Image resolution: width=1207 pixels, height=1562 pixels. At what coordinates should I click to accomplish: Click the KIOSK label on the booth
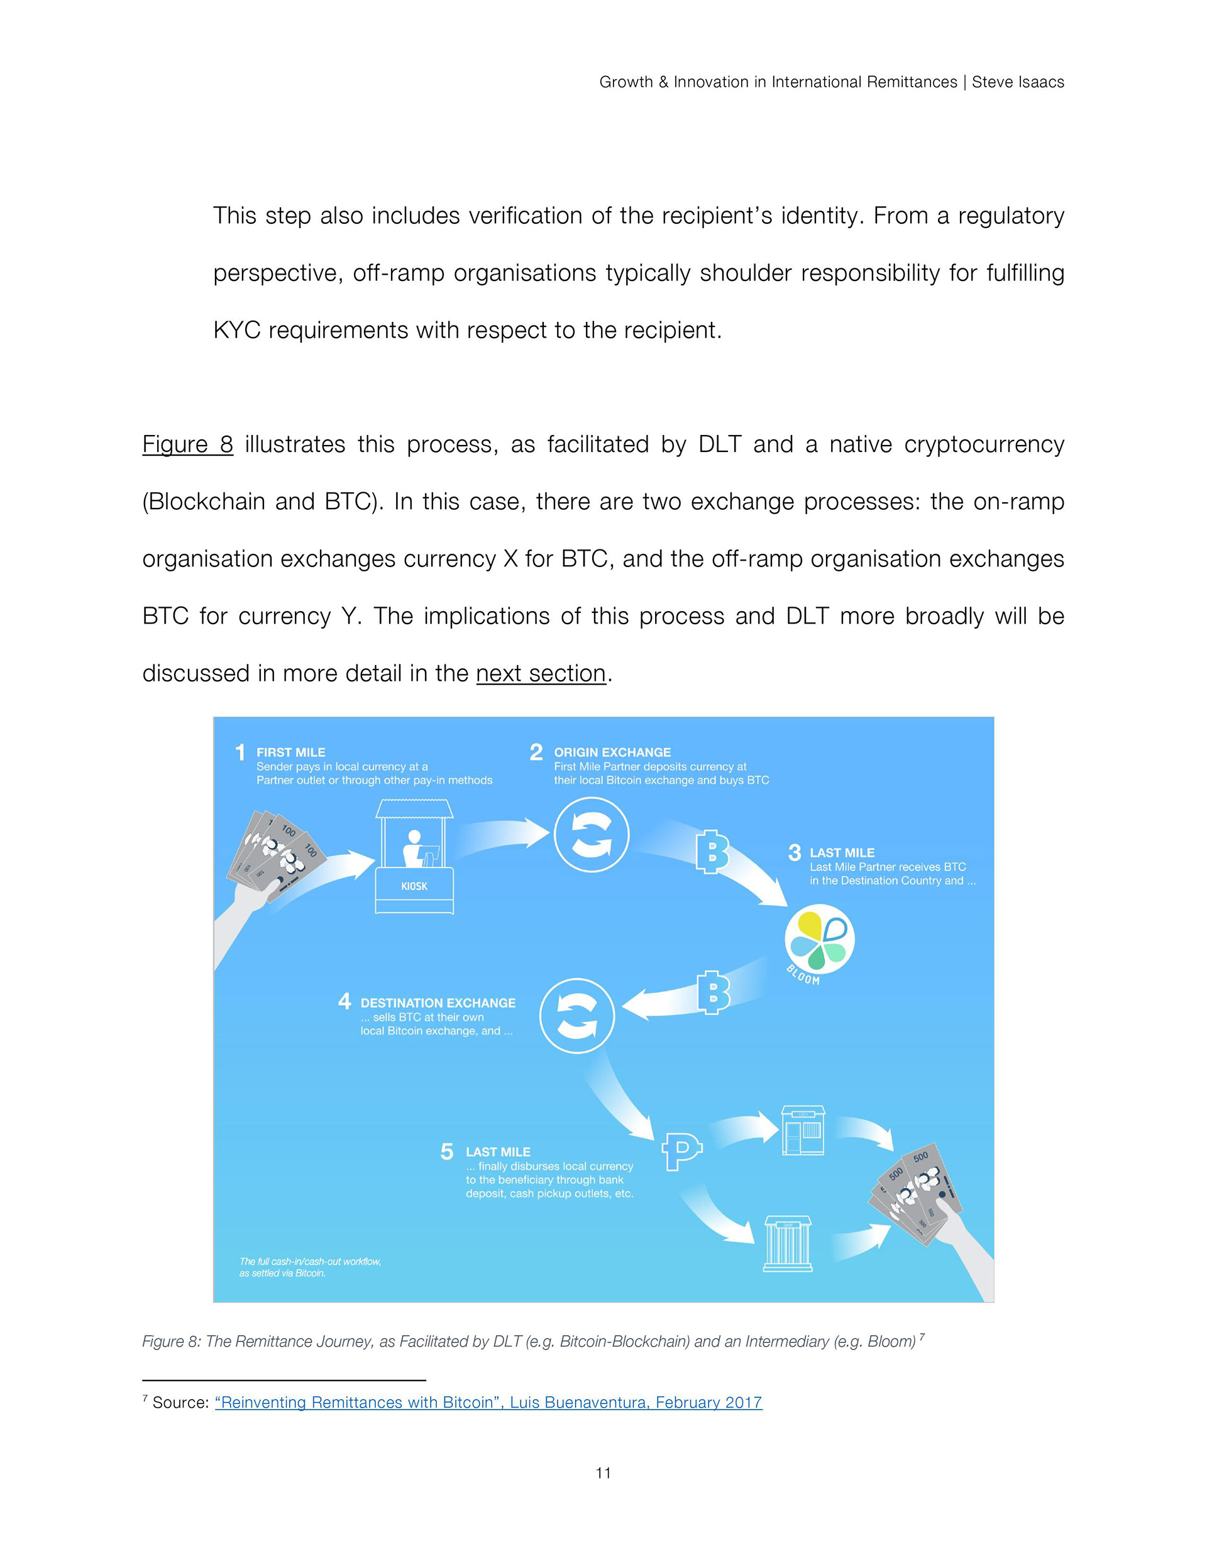[414, 886]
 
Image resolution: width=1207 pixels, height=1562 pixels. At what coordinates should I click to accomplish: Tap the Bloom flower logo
[819, 939]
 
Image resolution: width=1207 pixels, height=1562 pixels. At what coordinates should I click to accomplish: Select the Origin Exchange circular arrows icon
[592, 835]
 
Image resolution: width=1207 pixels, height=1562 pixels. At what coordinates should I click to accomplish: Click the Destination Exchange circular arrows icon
[576, 1016]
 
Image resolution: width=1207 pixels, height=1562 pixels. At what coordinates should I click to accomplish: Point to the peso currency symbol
[681, 1151]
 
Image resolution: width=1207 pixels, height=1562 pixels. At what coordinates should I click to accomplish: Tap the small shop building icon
[803, 1131]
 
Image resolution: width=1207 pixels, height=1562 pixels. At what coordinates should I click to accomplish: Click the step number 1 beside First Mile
[240, 752]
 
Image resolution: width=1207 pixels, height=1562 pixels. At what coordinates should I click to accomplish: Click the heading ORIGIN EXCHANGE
[612, 752]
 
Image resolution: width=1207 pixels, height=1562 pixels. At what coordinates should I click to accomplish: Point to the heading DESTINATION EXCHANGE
[438, 1003]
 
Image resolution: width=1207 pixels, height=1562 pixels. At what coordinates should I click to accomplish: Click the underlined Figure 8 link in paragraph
[187, 444]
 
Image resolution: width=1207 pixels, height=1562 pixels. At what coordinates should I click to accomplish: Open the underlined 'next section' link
[541, 673]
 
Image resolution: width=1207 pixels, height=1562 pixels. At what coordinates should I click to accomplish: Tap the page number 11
[603, 1473]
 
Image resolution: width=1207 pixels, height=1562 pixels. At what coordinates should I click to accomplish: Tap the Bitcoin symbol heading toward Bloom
[712, 852]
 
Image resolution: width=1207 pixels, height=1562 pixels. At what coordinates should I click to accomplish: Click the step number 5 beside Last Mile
[447, 1151]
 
